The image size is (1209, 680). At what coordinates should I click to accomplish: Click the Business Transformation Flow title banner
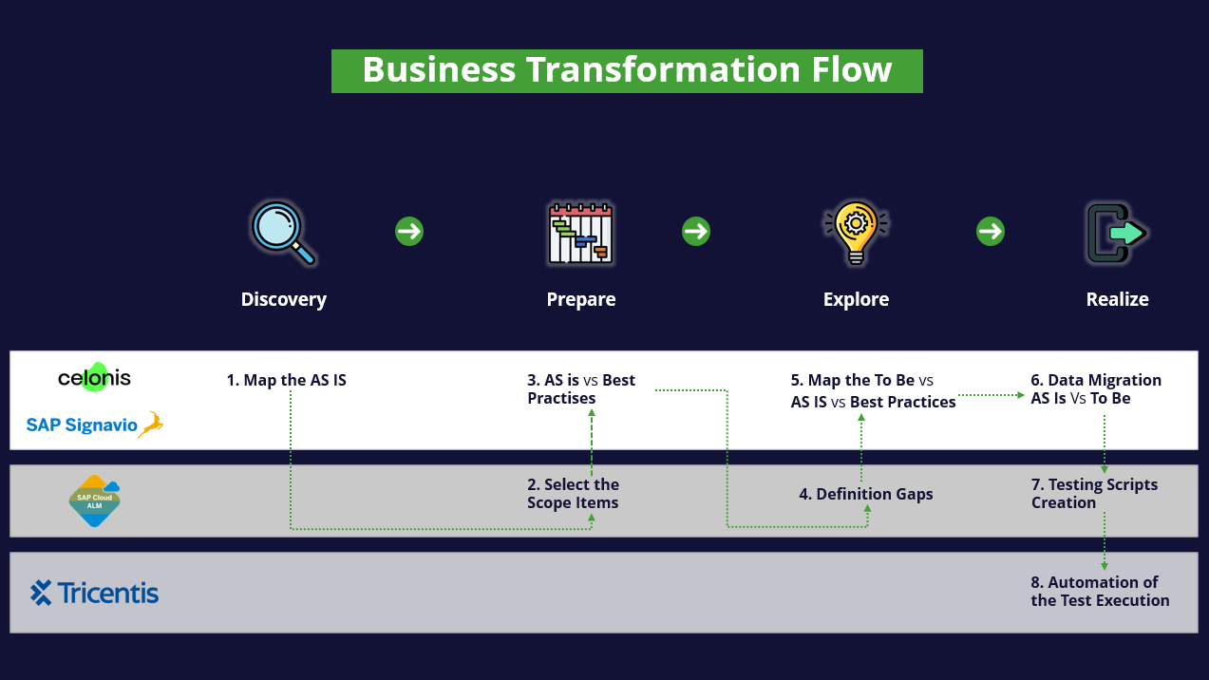[x=627, y=71]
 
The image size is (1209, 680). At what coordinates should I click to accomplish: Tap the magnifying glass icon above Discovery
[x=282, y=232]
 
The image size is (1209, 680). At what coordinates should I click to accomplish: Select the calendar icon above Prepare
[x=580, y=232]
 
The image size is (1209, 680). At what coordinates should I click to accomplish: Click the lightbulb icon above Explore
[x=856, y=232]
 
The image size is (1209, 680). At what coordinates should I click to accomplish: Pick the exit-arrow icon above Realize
[x=1116, y=232]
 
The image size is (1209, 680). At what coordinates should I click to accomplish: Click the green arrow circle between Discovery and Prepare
[x=409, y=231]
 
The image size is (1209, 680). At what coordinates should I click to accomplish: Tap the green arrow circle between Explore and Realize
[x=991, y=231]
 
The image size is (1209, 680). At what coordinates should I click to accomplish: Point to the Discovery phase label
[x=283, y=299]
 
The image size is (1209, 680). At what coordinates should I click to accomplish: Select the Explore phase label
[x=856, y=299]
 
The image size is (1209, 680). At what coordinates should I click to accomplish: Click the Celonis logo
[x=94, y=378]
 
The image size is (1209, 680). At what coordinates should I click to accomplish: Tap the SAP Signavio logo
[x=94, y=425]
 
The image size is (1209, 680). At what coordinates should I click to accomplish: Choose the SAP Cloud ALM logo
[x=95, y=501]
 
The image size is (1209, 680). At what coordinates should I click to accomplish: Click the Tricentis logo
[x=94, y=593]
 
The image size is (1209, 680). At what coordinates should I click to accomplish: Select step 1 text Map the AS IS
[x=286, y=380]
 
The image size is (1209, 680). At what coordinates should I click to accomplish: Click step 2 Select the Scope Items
[x=573, y=494]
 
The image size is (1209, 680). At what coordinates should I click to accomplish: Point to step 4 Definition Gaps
[x=865, y=494]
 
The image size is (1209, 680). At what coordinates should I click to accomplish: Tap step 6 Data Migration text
[x=1096, y=389]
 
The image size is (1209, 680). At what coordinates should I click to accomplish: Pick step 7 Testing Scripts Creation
[x=1094, y=494]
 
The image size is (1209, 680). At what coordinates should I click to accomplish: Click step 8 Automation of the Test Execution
[x=1100, y=591]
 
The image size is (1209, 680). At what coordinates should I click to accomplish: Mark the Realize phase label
[x=1117, y=299]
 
